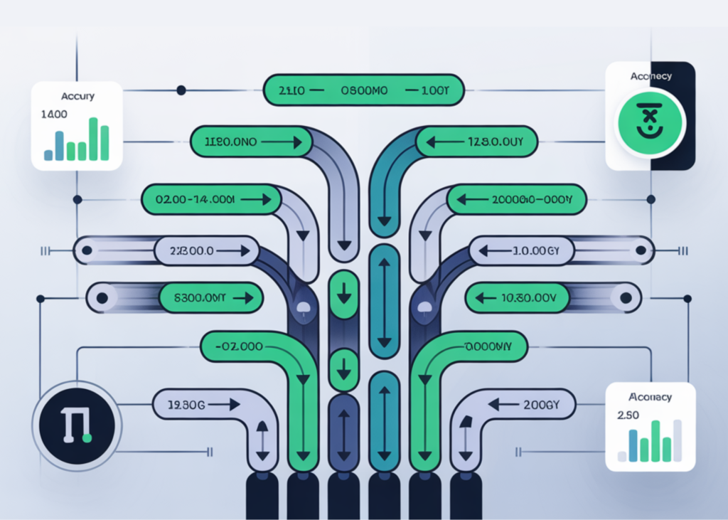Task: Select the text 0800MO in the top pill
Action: click(365, 91)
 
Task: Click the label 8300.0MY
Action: click(198, 299)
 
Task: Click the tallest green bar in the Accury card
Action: click(92, 139)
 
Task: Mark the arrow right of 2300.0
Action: click(234, 250)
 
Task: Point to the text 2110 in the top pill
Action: click(292, 91)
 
